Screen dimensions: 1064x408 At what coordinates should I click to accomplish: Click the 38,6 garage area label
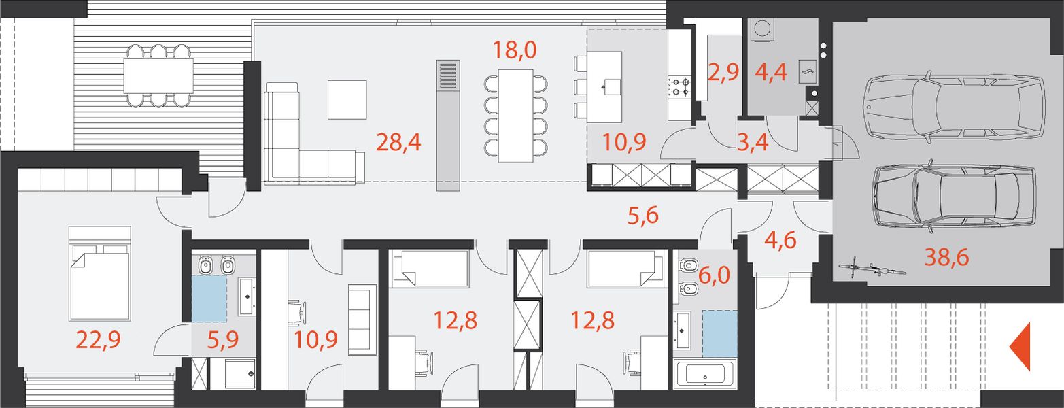coord(946,257)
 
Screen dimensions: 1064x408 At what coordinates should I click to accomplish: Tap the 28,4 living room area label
coord(398,143)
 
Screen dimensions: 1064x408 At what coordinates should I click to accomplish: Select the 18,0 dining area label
coord(515,50)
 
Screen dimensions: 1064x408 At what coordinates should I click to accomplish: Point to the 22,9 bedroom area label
coord(99,340)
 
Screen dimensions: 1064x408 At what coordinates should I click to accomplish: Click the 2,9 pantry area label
coord(723,72)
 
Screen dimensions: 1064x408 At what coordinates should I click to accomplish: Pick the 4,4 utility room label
coord(771,72)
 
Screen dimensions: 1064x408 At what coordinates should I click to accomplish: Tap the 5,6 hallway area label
coord(643,216)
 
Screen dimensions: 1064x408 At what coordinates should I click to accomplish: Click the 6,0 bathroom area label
coord(715,275)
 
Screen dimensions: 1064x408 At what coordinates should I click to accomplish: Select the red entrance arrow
coord(1020,346)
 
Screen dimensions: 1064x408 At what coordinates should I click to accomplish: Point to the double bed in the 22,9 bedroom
coord(99,273)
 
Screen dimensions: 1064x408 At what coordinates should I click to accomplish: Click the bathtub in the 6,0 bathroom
coord(705,374)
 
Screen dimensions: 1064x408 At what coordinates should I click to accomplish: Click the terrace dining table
coord(158,75)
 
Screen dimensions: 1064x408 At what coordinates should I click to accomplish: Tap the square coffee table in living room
coord(347,99)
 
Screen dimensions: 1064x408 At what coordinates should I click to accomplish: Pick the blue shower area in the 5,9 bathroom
coord(209,299)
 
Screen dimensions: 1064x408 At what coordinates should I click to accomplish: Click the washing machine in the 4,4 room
coord(762,29)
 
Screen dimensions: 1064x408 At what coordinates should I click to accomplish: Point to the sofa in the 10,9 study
coord(362,320)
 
